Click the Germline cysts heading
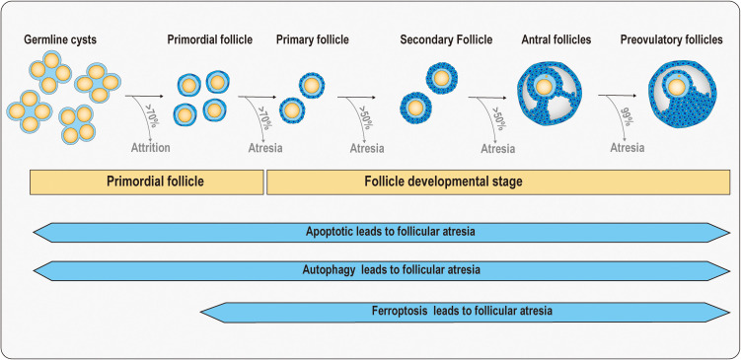pyautogui.click(x=60, y=39)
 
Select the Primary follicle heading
pyautogui.click(x=313, y=39)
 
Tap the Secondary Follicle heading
pyautogui.click(x=446, y=39)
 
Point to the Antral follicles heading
pyautogui.click(x=556, y=39)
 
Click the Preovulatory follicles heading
pyautogui.click(x=672, y=39)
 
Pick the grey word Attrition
pyautogui.click(x=150, y=147)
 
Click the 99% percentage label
pyautogui.click(x=628, y=116)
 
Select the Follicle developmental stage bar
pyautogui.click(x=498, y=181)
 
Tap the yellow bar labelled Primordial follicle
pyautogui.click(x=146, y=181)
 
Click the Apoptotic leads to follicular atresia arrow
pyautogui.click(x=382, y=233)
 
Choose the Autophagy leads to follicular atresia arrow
pyautogui.click(x=382, y=270)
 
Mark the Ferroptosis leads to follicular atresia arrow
pyautogui.click(x=465, y=313)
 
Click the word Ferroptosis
pyautogui.click(x=400, y=312)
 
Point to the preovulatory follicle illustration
pyautogui.click(x=683, y=94)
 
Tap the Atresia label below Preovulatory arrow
pyautogui.click(x=628, y=148)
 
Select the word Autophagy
pyautogui.click(x=329, y=270)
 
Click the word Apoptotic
pyautogui.click(x=329, y=232)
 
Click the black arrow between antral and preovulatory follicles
pyautogui.click(x=617, y=96)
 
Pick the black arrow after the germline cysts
pyautogui.click(x=144, y=97)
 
